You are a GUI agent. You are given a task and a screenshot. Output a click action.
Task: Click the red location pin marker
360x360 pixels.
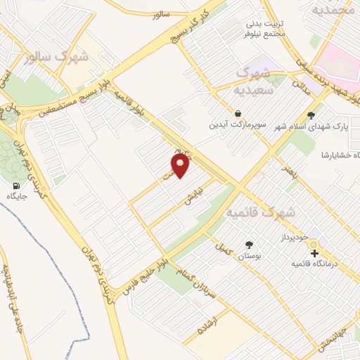(x=181, y=166)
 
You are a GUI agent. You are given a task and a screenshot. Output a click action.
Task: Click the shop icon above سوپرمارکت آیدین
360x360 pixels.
(x=238, y=112)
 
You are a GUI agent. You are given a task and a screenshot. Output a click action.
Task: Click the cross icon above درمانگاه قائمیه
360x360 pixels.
(x=314, y=253)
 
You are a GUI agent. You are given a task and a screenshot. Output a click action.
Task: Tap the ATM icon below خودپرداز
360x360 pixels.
(x=312, y=244)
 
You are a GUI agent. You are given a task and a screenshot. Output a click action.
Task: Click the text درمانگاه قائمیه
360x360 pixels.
(x=316, y=264)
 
